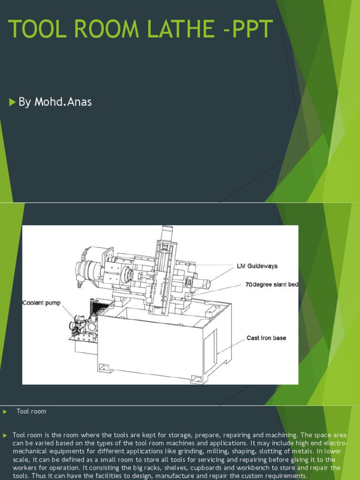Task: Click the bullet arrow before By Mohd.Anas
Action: coord(12,102)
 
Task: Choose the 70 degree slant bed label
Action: coord(272,285)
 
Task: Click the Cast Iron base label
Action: coord(266,337)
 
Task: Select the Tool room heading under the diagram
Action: coord(31,412)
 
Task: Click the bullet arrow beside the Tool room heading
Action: coord(5,412)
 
